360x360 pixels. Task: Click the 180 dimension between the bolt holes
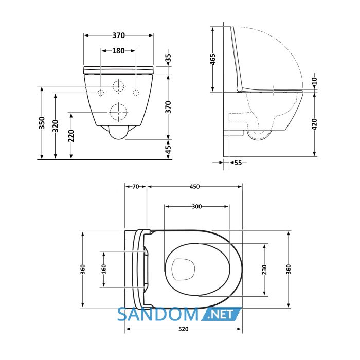(x=118, y=51)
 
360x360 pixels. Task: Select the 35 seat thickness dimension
(x=169, y=59)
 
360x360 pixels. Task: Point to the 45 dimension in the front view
(x=169, y=150)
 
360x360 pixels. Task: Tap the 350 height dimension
(x=42, y=123)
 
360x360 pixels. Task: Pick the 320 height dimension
(x=56, y=126)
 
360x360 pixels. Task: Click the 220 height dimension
(x=71, y=136)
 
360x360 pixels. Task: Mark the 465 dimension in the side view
(x=213, y=59)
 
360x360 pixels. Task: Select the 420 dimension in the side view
(x=315, y=124)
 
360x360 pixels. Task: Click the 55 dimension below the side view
(x=238, y=163)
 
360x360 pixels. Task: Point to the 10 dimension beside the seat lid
(x=315, y=81)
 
